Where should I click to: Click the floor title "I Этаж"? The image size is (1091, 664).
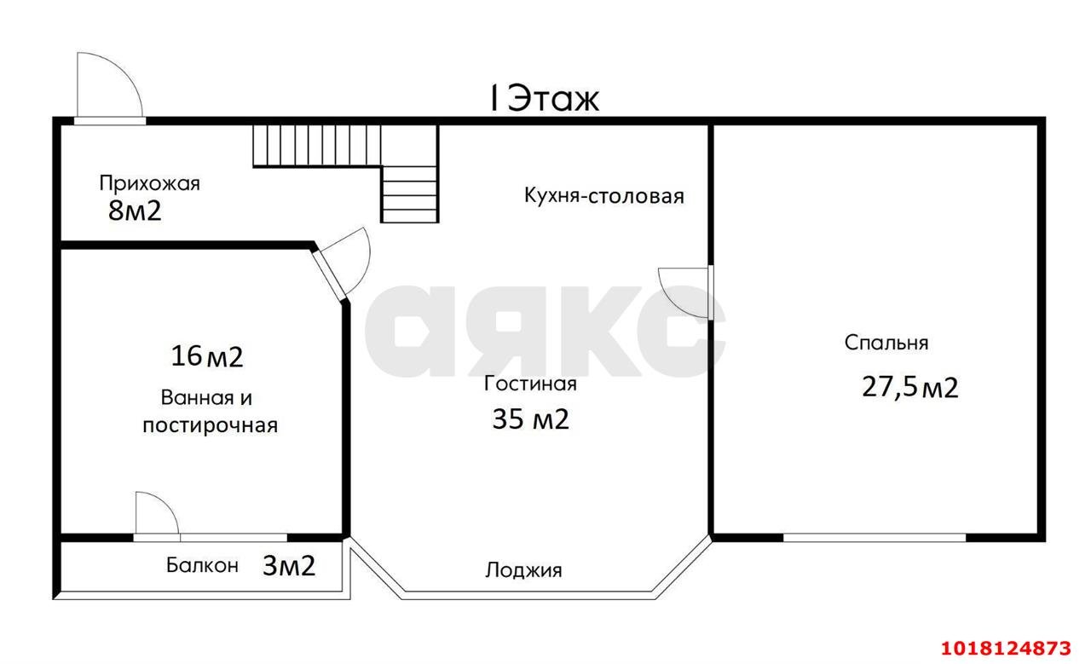544,98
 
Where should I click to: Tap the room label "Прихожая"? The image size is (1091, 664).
149,183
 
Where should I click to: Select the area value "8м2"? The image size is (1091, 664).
135,211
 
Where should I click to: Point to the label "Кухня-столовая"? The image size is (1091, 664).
604,196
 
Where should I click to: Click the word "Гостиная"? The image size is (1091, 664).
530,384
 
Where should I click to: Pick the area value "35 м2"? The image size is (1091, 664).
530,419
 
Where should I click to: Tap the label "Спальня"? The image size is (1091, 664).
886,343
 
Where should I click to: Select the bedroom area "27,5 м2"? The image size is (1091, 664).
909,388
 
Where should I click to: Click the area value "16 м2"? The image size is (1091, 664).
206,356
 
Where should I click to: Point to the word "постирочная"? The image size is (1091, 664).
210,426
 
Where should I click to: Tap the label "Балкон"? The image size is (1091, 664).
202,565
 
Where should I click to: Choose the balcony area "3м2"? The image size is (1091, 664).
289,566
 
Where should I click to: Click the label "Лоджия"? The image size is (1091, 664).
523,570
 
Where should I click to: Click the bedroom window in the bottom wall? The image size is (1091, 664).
875,537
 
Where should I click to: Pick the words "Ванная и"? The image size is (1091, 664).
206,398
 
